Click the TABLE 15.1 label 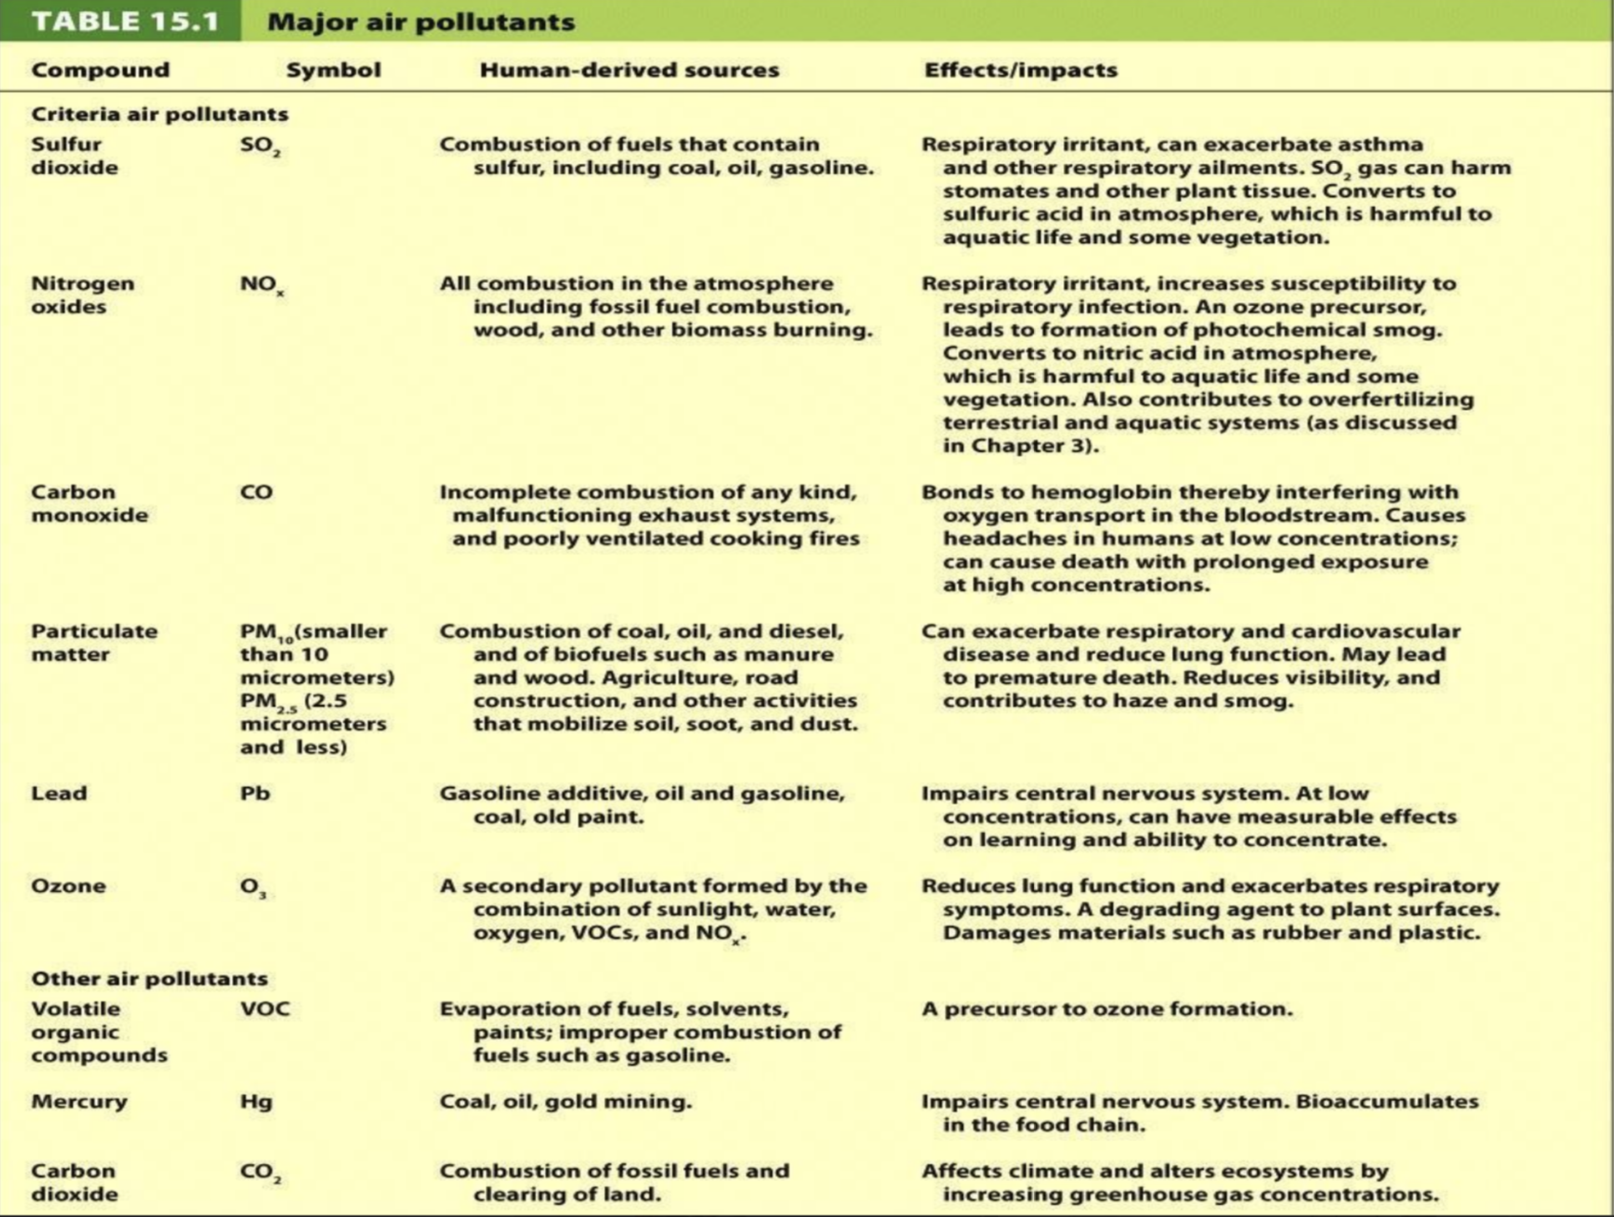click(x=125, y=21)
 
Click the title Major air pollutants click(x=421, y=21)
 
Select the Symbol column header click(x=333, y=69)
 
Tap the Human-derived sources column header click(x=628, y=69)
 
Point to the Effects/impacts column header click(x=1020, y=69)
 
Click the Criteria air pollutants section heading click(x=159, y=114)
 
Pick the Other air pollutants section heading click(x=149, y=978)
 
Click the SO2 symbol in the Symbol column click(x=260, y=146)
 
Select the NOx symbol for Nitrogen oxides click(x=261, y=285)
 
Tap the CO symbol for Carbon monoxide click(x=256, y=492)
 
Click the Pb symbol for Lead click(x=255, y=793)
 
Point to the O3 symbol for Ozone click(x=253, y=887)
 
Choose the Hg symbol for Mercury click(x=256, y=1102)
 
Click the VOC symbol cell click(x=265, y=1008)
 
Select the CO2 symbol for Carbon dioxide click(x=260, y=1172)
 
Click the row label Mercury click(x=79, y=1102)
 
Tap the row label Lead click(x=58, y=793)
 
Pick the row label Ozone click(x=68, y=886)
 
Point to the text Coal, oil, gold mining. click(x=565, y=1102)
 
